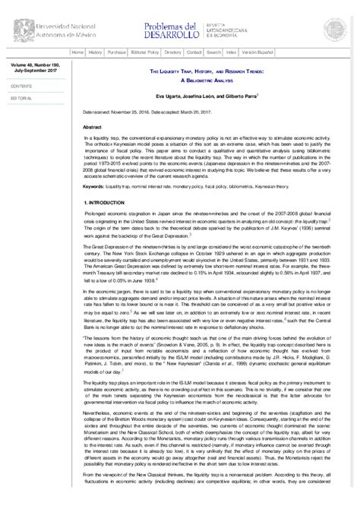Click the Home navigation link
pyautogui.click(x=77, y=52)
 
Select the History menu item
pyautogui.click(x=95, y=52)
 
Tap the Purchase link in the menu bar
pyautogui.click(x=116, y=52)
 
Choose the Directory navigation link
pyautogui.click(x=173, y=52)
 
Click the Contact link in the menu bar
pyautogui.click(x=194, y=52)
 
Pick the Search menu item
pyautogui.click(x=214, y=52)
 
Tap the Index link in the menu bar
pyautogui.click(x=232, y=52)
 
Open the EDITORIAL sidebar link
pyautogui.click(x=21, y=99)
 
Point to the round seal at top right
pyautogui.click(x=334, y=29)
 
